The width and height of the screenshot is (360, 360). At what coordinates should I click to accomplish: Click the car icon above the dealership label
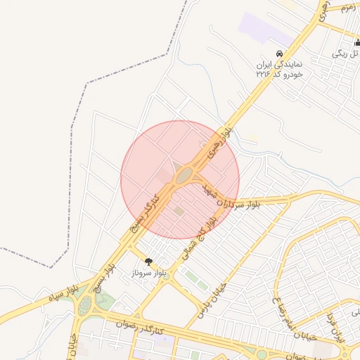click(279, 54)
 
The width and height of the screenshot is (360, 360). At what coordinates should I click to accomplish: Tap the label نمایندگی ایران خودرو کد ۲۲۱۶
click(279, 68)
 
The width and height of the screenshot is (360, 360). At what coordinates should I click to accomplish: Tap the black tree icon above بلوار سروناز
click(148, 260)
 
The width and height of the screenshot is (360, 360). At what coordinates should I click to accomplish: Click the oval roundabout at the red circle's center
click(185, 175)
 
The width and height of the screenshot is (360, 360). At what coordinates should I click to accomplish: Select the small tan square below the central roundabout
click(179, 210)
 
